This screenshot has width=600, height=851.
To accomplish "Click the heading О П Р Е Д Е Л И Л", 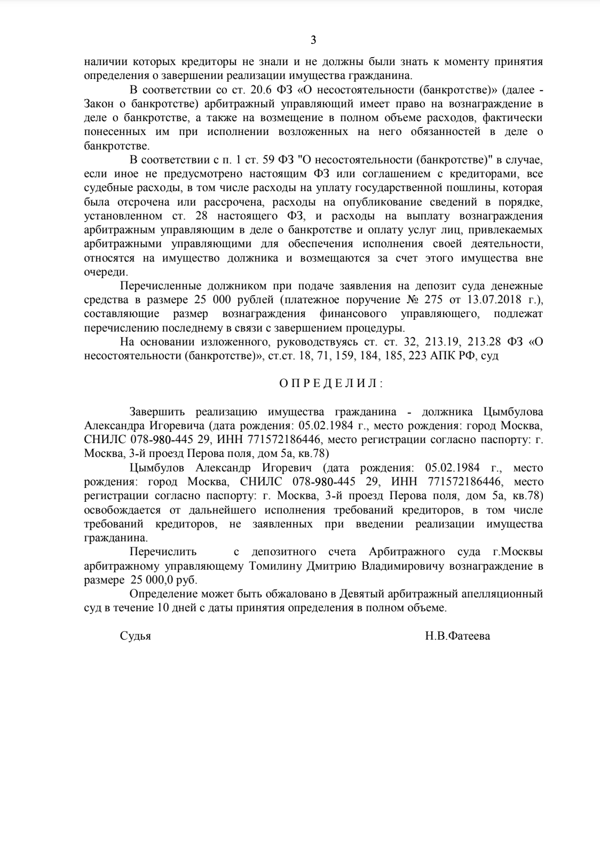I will [331, 383].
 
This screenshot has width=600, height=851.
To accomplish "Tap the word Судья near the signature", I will [136, 636].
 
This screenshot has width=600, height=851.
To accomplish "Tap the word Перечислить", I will [162, 552].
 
